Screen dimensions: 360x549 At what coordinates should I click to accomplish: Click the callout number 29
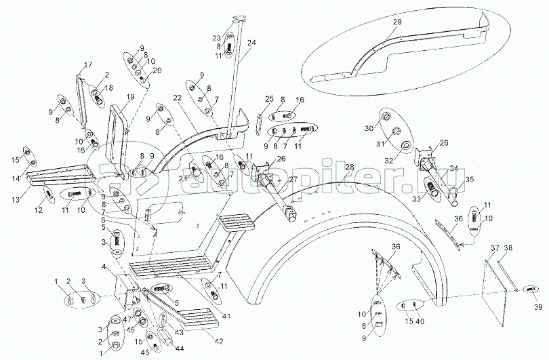point(397,22)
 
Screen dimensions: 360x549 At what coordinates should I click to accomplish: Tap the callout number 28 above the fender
point(350,167)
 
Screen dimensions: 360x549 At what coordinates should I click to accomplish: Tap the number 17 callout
point(87,65)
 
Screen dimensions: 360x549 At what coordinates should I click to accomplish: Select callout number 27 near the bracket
point(293,180)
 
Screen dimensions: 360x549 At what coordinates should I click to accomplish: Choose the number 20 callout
point(157,71)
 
